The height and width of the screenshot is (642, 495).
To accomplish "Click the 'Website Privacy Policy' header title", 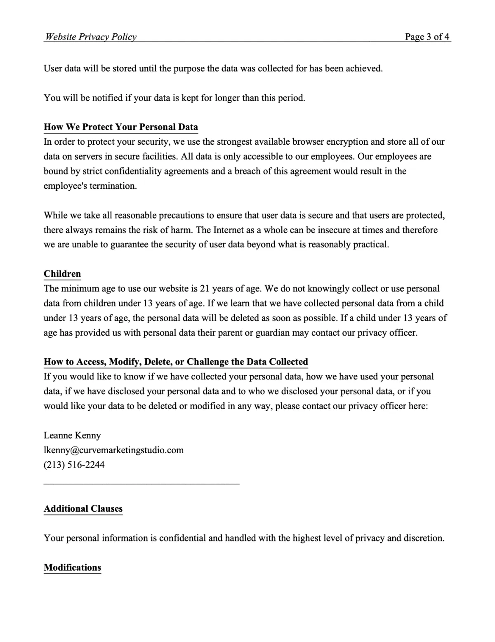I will [91, 37].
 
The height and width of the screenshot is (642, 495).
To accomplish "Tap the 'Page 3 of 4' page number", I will [427, 37].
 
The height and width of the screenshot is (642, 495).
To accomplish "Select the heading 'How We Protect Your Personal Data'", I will [121, 127].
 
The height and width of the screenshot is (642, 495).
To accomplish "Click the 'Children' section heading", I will [62, 274].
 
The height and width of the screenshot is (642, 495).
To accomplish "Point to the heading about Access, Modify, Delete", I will [176, 362].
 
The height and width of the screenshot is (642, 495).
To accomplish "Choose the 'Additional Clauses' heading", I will [83, 508].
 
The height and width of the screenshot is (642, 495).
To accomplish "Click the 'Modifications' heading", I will [72, 567].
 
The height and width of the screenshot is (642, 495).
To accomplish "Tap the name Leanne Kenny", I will [72, 435].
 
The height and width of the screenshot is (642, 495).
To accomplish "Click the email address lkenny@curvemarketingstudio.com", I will [114, 450].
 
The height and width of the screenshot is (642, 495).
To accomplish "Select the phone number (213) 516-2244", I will [74, 465].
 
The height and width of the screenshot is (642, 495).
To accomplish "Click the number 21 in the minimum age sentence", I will [205, 289].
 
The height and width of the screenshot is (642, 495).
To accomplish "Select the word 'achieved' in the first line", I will [364, 68].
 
